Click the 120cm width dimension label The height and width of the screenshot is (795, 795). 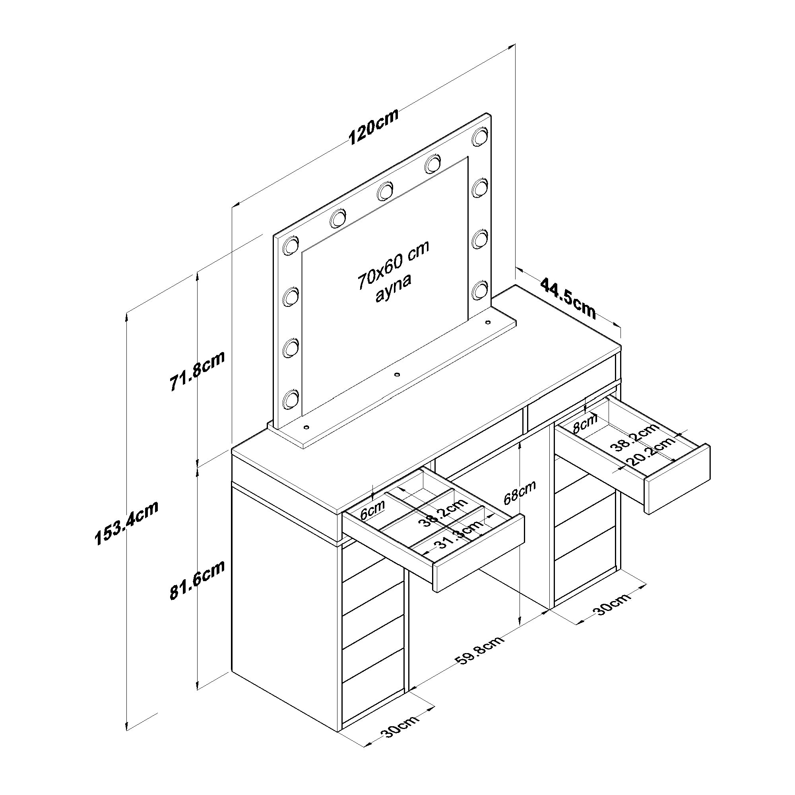[374, 127]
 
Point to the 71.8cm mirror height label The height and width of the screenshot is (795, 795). [197, 371]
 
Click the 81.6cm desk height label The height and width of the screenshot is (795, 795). [197, 581]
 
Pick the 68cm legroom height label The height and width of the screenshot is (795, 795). [520, 492]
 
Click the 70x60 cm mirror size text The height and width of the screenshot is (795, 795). [394, 264]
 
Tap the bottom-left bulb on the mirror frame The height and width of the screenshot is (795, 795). [291, 398]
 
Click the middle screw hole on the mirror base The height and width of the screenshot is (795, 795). [397, 374]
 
